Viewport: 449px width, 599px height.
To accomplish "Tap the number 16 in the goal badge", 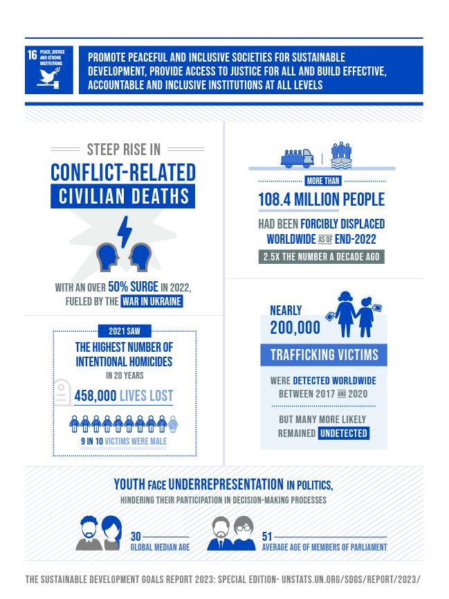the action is [x=32, y=55].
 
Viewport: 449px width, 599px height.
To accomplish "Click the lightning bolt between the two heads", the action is [x=124, y=231].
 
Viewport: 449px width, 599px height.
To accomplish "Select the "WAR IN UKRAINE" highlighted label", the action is [x=152, y=301].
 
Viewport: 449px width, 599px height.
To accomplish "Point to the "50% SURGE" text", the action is [x=133, y=287].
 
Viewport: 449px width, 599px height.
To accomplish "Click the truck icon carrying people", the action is [x=297, y=158].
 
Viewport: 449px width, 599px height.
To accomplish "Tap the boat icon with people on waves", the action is [x=341, y=155].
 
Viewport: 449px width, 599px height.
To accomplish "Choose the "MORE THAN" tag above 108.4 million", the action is [x=323, y=181].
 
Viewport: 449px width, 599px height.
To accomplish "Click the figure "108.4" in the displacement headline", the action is [x=274, y=199].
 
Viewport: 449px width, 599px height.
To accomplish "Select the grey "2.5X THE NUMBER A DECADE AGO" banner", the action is [x=322, y=257].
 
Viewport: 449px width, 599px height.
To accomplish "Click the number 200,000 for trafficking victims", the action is [x=295, y=328].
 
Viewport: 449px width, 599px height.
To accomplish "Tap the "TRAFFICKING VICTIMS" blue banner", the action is [x=324, y=355].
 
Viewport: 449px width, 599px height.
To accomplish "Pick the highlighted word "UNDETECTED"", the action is [x=344, y=433].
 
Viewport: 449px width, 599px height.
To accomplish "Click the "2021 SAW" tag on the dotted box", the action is [x=125, y=331].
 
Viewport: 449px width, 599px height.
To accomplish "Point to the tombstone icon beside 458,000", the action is [x=62, y=392].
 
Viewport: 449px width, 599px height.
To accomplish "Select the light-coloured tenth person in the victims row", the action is [x=173, y=424].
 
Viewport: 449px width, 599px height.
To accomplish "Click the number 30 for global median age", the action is [x=136, y=537].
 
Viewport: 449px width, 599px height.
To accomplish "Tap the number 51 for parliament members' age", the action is [x=267, y=537].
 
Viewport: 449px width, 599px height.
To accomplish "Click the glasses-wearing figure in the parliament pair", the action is [x=244, y=534].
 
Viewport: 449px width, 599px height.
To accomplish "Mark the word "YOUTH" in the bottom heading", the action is [x=129, y=485].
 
